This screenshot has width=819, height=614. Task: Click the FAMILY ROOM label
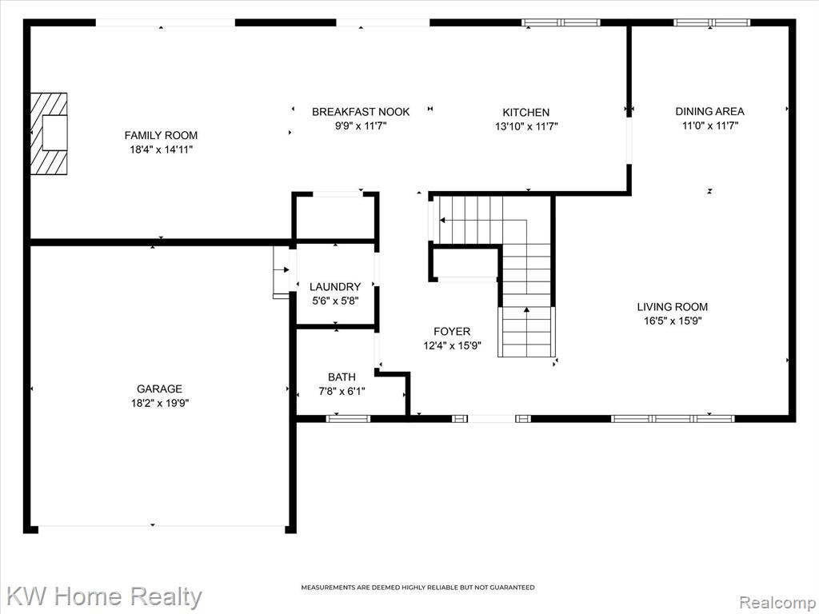click(x=161, y=135)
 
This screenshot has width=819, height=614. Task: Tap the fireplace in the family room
click(x=49, y=134)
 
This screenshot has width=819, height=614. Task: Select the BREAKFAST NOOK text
click(x=361, y=112)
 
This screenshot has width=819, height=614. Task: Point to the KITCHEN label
click(x=526, y=112)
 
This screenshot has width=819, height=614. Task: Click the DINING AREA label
click(x=710, y=111)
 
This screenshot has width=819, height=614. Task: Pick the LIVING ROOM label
click(x=672, y=307)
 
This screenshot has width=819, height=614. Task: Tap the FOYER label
click(x=452, y=331)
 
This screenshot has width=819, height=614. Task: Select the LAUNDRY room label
click(x=335, y=287)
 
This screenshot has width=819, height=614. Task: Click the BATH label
click(x=342, y=377)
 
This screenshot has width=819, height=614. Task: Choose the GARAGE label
click(x=159, y=389)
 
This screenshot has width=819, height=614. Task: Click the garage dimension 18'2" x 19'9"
click(x=160, y=403)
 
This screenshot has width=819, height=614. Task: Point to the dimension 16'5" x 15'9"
click(x=673, y=321)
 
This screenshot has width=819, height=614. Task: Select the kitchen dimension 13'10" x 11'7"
click(x=526, y=126)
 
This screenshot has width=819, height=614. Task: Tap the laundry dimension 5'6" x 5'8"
click(x=335, y=301)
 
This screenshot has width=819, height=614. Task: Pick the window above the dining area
click(x=711, y=22)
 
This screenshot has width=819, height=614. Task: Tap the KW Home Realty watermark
click(x=104, y=596)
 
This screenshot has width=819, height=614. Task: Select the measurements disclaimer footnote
click(x=417, y=588)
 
